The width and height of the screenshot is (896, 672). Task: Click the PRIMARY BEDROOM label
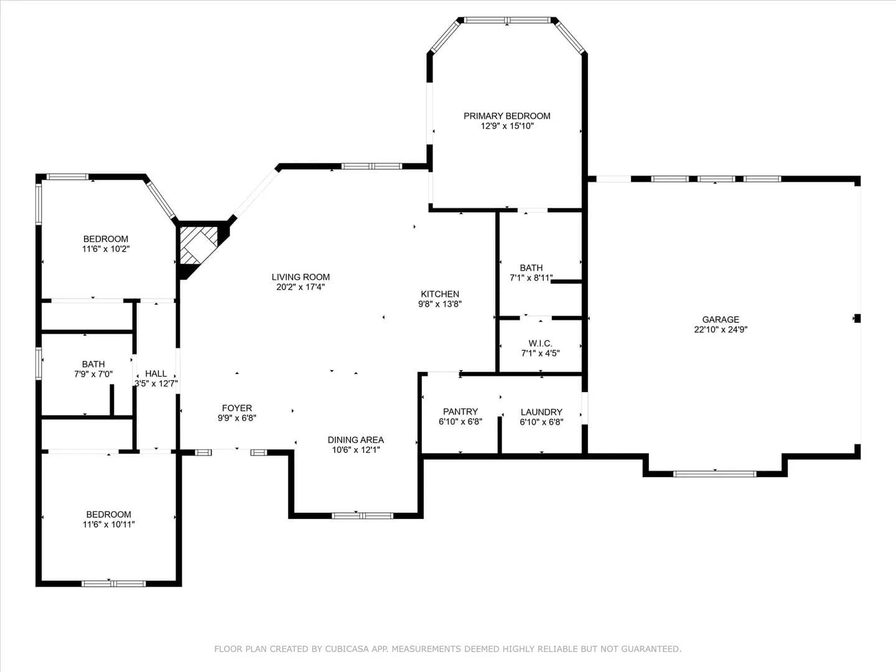click(506, 116)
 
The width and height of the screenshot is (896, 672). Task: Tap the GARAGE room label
click(721, 319)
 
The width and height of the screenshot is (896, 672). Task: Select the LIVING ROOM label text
click(301, 277)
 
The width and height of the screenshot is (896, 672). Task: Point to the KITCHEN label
click(440, 294)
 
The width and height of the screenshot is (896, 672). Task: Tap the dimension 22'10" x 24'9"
click(721, 329)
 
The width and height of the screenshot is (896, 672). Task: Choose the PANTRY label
click(460, 411)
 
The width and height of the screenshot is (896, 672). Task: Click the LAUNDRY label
click(541, 412)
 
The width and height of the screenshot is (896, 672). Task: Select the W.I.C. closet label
click(541, 343)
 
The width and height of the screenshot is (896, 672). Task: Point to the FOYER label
click(237, 408)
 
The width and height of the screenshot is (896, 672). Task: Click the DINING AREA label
click(355, 440)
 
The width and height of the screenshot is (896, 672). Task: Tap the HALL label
click(156, 373)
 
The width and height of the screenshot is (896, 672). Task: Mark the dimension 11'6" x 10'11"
click(109, 525)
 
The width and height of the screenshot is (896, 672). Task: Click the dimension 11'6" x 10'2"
click(106, 249)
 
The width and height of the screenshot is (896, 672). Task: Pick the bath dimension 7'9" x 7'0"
click(93, 374)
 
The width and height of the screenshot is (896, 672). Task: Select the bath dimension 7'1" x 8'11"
click(531, 278)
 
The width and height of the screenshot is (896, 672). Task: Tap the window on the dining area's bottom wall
click(362, 516)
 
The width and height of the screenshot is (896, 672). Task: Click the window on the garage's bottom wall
click(715, 474)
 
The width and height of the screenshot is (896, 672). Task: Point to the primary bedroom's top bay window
click(507, 20)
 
